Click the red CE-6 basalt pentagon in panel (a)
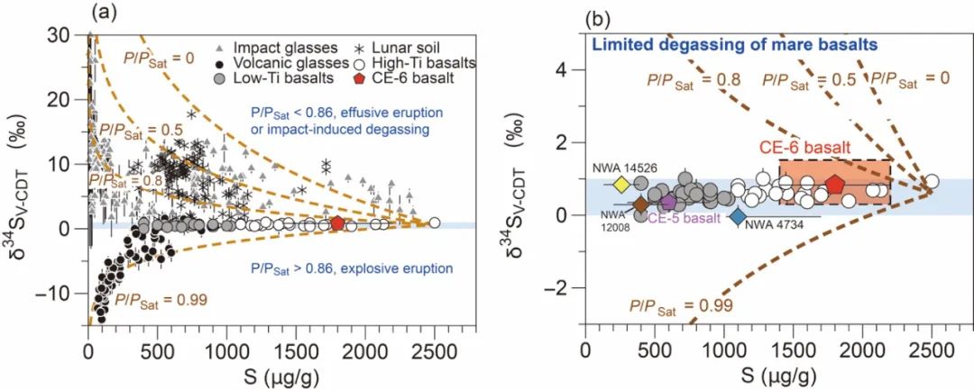pyautogui.click(x=337, y=223)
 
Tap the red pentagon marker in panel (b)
pyautogui.click(x=835, y=185)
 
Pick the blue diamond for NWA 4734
pyautogui.click(x=738, y=216)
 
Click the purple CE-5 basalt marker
pyautogui.click(x=668, y=202)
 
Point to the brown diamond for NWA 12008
pyautogui.click(x=640, y=204)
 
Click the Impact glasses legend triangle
pyautogui.click(x=222, y=46)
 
